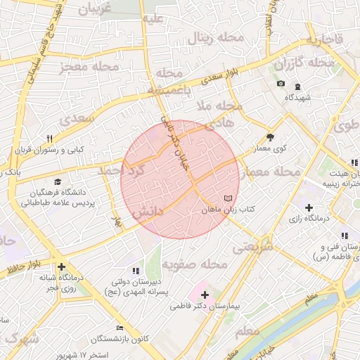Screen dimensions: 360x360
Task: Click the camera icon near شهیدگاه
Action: (281, 84)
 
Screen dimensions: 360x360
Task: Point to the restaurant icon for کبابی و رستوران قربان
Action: (49, 139)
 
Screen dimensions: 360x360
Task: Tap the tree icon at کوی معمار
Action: (270, 138)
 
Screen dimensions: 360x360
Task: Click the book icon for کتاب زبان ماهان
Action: (227, 198)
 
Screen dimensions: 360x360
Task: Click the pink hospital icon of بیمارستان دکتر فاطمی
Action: (205, 293)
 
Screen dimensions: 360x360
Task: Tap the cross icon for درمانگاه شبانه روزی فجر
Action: (63, 266)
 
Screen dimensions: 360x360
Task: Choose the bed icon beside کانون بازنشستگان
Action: (120, 328)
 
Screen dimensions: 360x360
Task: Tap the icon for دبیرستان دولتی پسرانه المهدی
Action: (136, 271)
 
